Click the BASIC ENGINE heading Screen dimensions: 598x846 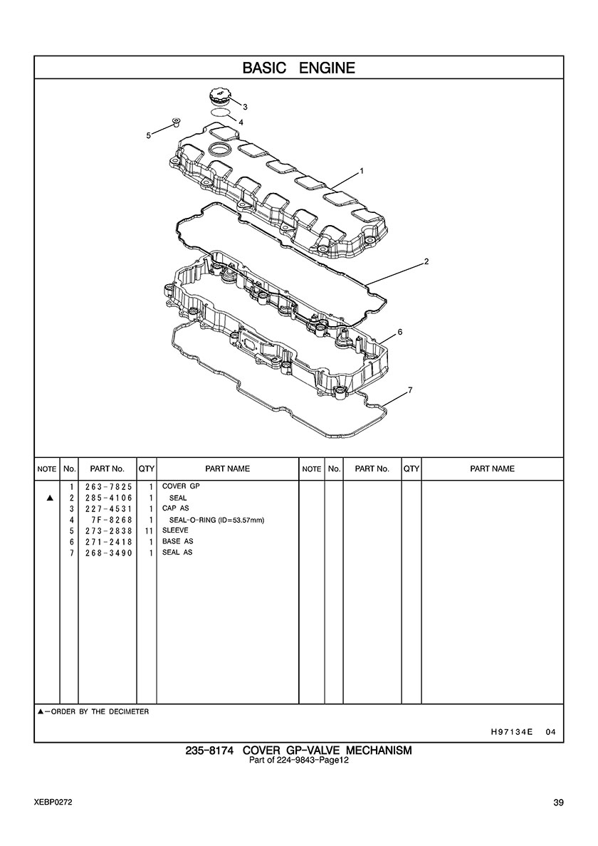pyautogui.click(x=299, y=68)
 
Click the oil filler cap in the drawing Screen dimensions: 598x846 pyautogui.click(x=219, y=99)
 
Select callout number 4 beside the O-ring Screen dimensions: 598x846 pyautogui.click(x=241, y=122)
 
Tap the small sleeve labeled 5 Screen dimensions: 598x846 pyautogui.click(x=174, y=121)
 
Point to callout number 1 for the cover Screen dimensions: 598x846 pyautogui.click(x=362, y=171)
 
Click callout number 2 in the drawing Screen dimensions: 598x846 pyautogui.click(x=426, y=261)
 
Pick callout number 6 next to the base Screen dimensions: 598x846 pyautogui.click(x=399, y=332)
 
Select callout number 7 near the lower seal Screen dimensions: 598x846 pyautogui.click(x=410, y=390)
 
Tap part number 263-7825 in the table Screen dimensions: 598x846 pyautogui.click(x=108, y=486)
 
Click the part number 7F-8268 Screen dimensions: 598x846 pyautogui.click(x=112, y=520)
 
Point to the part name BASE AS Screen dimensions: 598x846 pyautogui.click(x=177, y=541)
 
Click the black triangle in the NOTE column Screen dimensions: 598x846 pyautogui.click(x=50, y=498)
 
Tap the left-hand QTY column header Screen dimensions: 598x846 pyautogui.click(x=147, y=469)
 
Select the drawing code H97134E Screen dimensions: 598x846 pyautogui.click(x=511, y=732)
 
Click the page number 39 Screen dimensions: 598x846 pyautogui.click(x=558, y=803)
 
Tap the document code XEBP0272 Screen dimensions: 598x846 pyautogui.click(x=53, y=803)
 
